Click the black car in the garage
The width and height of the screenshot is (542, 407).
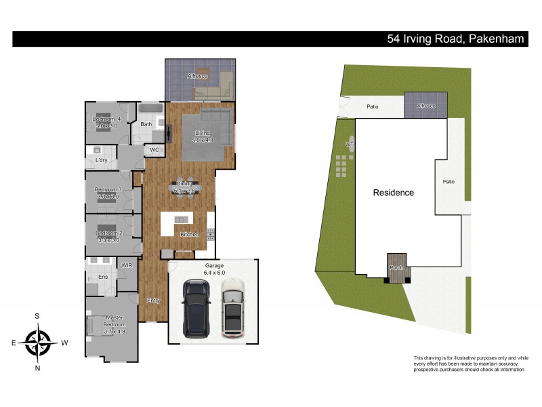point(196,309)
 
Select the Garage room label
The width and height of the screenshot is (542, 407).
point(214,265)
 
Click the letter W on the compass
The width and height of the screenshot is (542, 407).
point(65,343)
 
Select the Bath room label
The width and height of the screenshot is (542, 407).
point(146,124)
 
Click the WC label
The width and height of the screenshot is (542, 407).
point(154,149)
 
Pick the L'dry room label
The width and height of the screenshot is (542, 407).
point(102,160)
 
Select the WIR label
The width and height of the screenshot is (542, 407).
point(126,265)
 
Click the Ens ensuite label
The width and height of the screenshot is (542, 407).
point(104,277)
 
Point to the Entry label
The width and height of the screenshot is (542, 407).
point(153,300)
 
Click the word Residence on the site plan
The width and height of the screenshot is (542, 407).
point(394,193)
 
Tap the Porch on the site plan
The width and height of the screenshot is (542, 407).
point(396,267)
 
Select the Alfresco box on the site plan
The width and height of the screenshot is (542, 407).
point(425,106)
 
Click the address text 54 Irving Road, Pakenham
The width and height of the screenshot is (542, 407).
point(455,39)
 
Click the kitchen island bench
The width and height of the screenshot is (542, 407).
point(180,219)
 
